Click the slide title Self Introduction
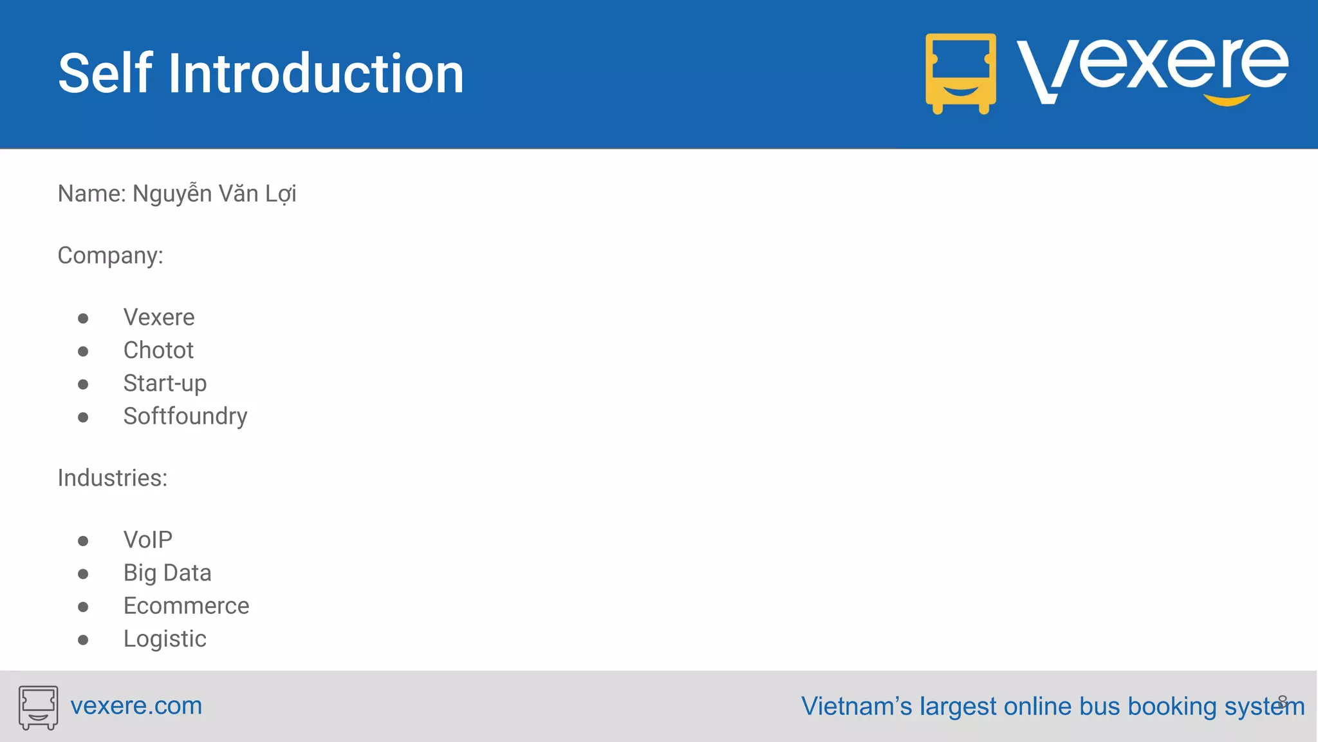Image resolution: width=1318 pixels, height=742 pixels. point(261,74)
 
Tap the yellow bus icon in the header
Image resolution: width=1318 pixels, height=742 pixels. point(960,73)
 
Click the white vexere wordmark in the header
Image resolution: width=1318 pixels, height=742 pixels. point(1152,68)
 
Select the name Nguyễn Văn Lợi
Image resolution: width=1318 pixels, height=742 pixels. point(214,194)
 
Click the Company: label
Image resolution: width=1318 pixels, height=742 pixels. point(110,256)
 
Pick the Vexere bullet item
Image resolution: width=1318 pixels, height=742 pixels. point(159,318)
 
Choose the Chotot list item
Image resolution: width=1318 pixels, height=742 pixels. point(158,350)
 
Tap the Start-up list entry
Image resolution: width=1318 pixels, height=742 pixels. point(165,383)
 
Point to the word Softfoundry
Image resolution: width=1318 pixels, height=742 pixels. point(185,416)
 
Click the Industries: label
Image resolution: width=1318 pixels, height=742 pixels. point(113,478)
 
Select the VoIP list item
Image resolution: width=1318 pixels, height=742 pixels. point(148,540)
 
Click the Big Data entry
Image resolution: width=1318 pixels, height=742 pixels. point(167,573)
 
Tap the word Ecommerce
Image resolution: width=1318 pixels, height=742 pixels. point(186,606)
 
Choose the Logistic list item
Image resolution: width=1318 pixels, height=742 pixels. point(165,639)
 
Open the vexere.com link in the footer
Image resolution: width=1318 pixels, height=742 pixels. point(136,706)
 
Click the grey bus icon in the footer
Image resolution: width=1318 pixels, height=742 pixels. point(38,707)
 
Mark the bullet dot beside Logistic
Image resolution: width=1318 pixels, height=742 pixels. point(83,640)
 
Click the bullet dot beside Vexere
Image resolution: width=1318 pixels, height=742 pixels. point(83,319)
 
